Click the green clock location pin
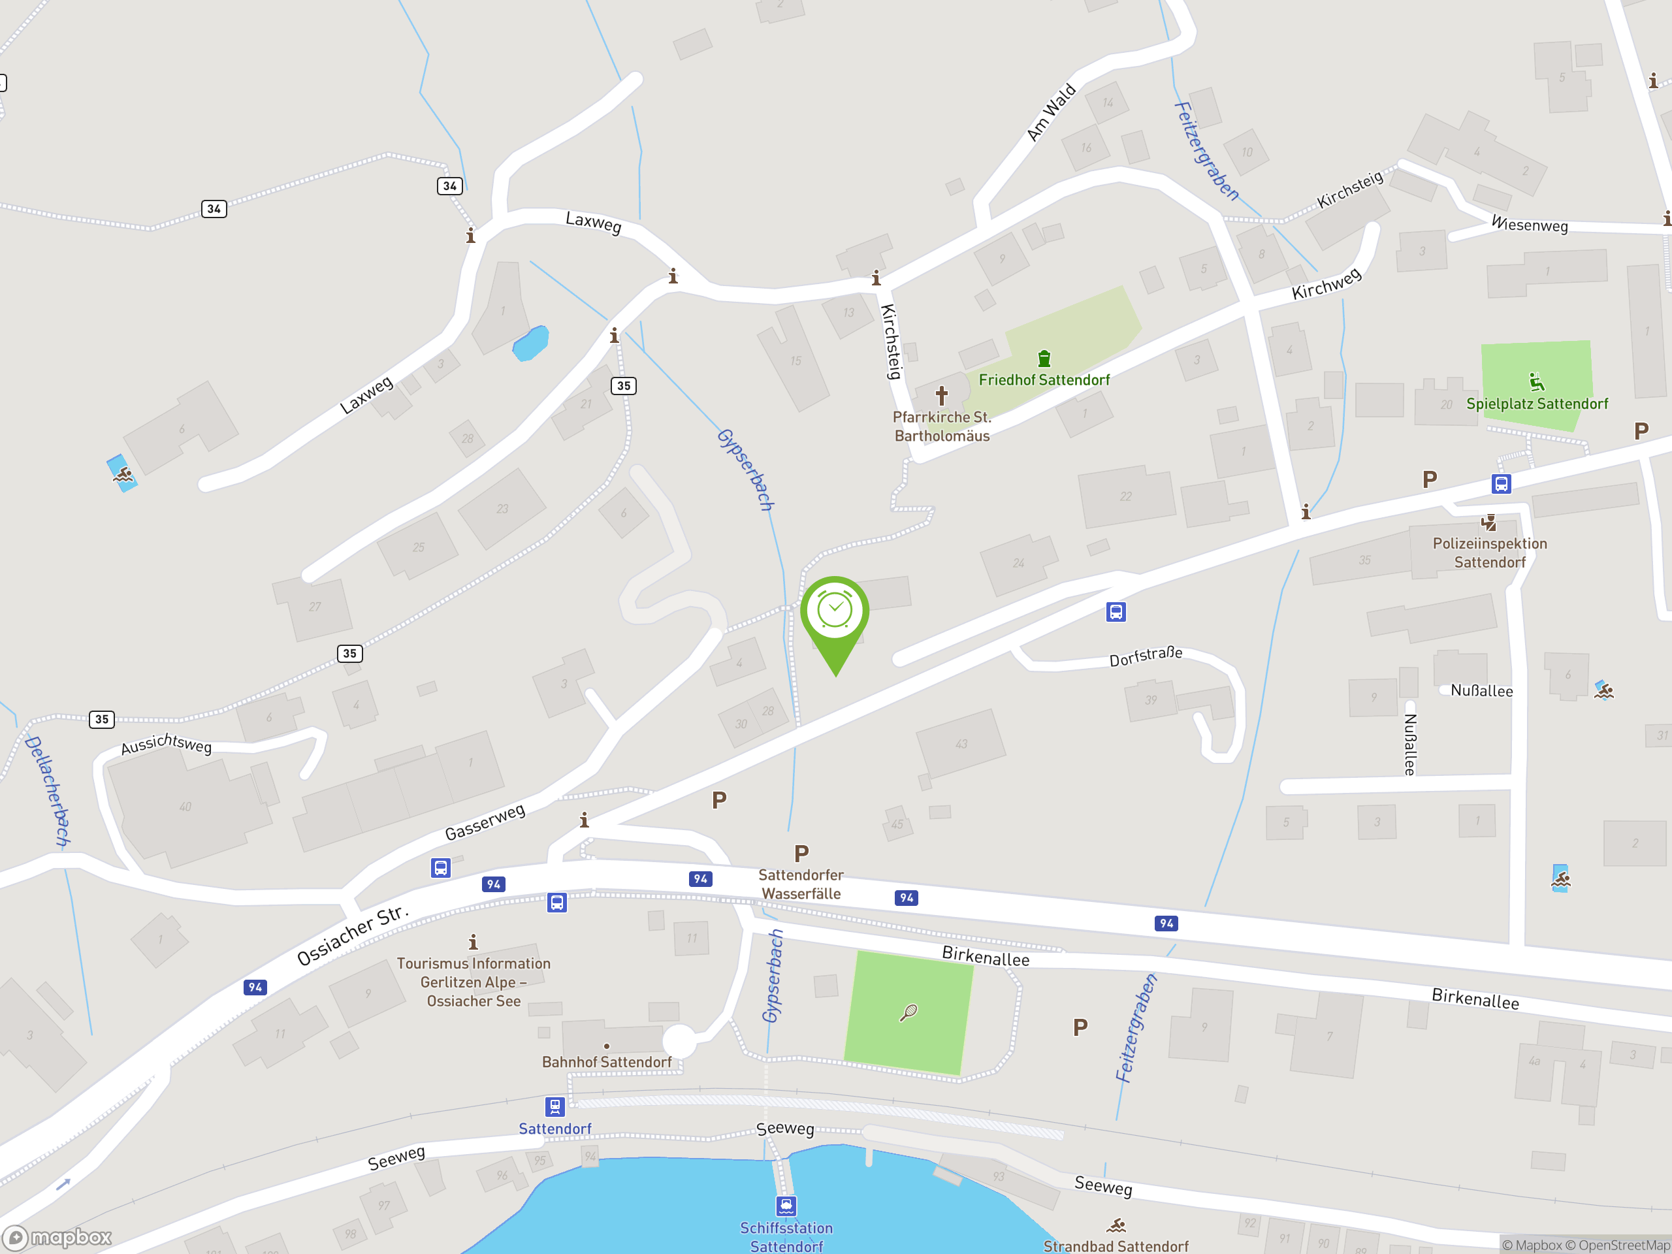pyautogui.click(x=835, y=614)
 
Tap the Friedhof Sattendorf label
pyautogui.click(x=1044, y=379)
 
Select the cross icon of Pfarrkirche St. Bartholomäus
pyautogui.click(x=941, y=394)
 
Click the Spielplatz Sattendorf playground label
pyautogui.click(x=1537, y=404)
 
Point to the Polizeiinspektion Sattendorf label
pyautogui.click(x=1489, y=553)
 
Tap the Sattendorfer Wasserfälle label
pyautogui.click(x=801, y=884)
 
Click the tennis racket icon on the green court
pyautogui.click(x=908, y=1012)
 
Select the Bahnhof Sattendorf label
pyautogui.click(x=606, y=1062)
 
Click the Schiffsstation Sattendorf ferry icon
pyautogui.click(x=786, y=1206)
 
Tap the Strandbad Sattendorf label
pyautogui.click(x=1116, y=1246)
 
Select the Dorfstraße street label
pyautogui.click(x=1145, y=656)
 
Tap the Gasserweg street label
pyautogui.click(x=485, y=822)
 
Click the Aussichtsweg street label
pyautogui.click(x=167, y=744)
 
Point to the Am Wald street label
pyautogui.click(x=1051, y=112)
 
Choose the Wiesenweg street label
pyautogui.click(x=1528, y=225)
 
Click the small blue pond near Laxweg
pyautogui.click(x=530, y=343)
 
